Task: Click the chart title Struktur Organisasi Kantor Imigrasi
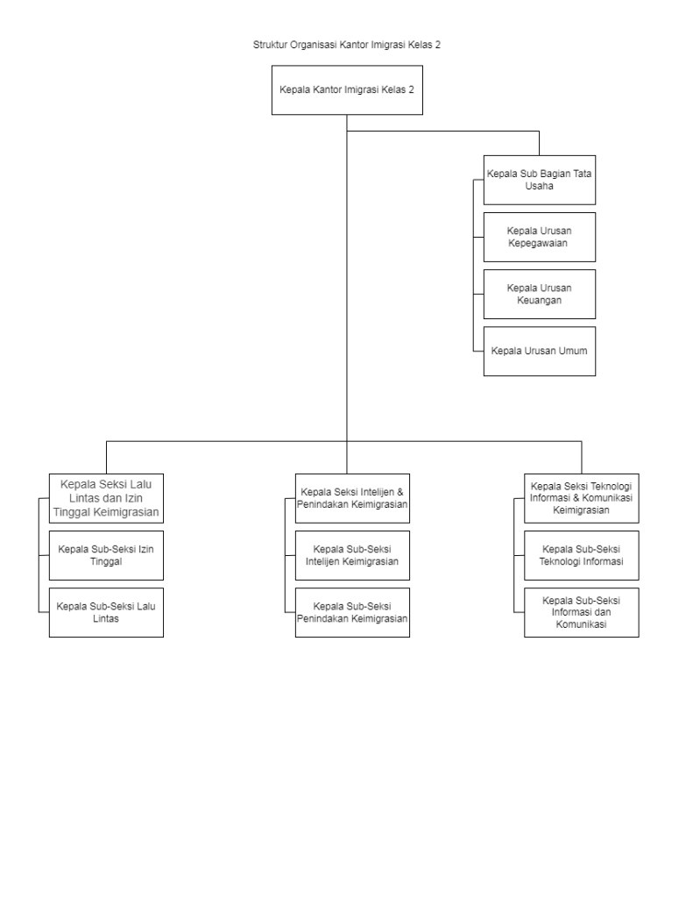[329, 45]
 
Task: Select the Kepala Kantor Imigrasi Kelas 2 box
[347, 90]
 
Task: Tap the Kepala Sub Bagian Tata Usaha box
[539, 180]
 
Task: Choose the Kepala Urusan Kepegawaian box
[539, 237]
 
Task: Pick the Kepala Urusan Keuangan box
[539, 294]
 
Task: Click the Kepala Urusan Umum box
[539, 351]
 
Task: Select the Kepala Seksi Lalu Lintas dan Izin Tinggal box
[106, 498]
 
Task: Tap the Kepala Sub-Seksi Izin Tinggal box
[106, 555]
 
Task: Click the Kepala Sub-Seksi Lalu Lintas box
[106, 612]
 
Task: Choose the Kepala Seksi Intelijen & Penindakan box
[352, 498]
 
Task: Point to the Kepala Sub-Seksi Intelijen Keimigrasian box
[352, 555]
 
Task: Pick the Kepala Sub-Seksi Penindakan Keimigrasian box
[352, 612]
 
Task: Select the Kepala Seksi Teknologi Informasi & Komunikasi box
[582, 498]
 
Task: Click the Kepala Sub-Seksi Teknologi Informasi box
[582, 555]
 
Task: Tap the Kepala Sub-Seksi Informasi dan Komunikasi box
[582, 612]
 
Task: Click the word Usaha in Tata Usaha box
[539, 186]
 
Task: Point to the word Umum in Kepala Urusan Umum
[573, 351]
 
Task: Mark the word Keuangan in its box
[539, 301]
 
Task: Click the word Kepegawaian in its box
[538, 244]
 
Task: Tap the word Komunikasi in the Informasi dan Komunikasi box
[581, 624]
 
